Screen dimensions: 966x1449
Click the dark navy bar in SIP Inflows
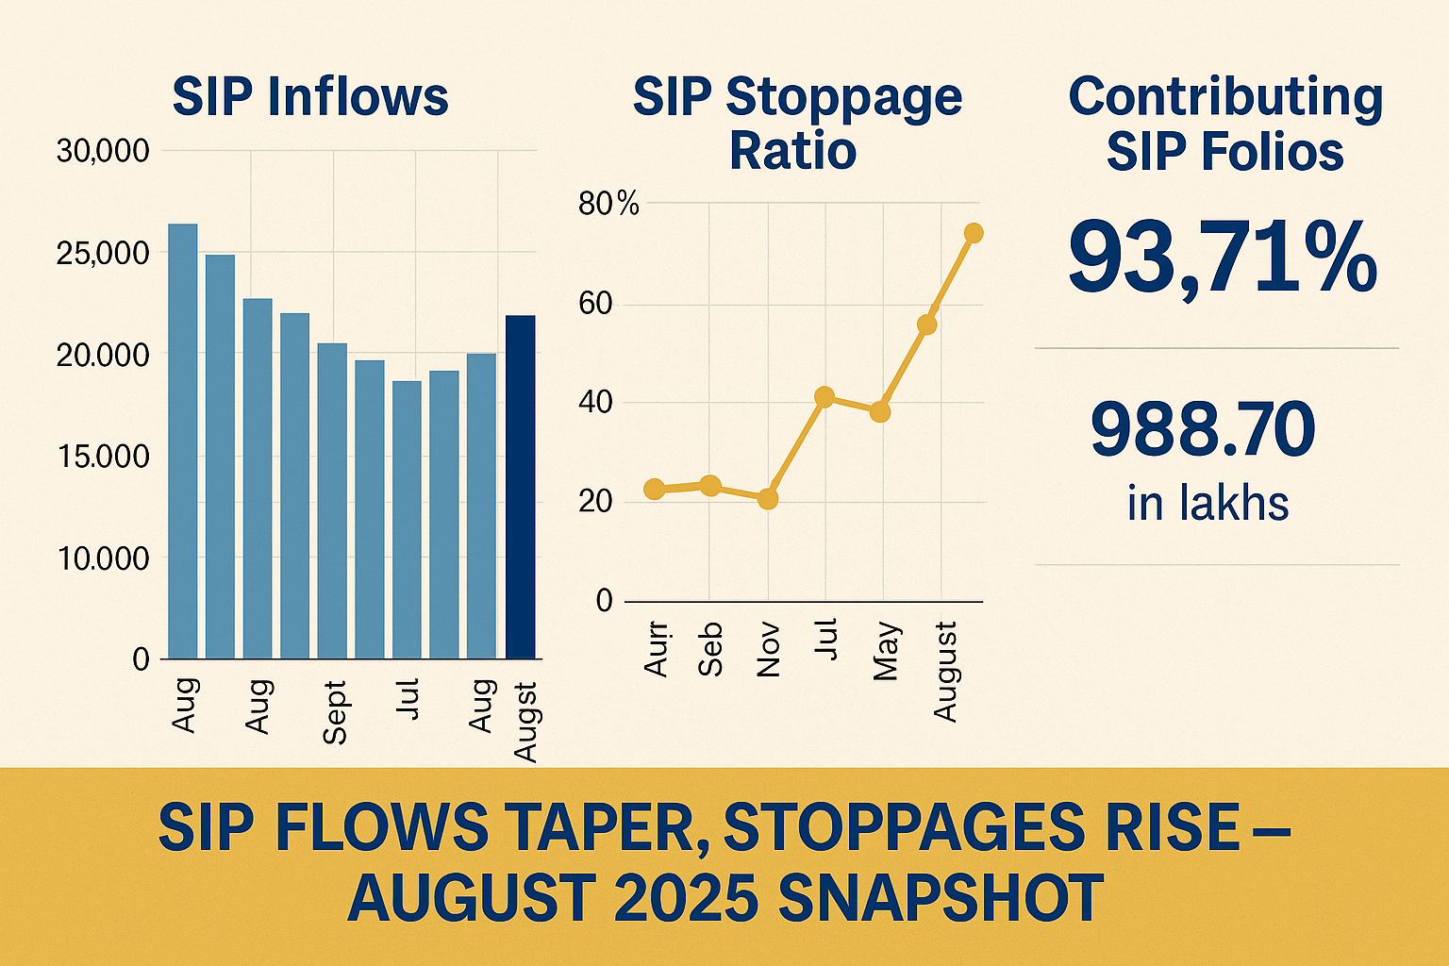(x=520, y=487)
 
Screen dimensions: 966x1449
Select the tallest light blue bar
(x=182, y=441)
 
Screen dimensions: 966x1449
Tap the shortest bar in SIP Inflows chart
(x=407, y=519)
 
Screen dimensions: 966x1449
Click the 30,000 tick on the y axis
(x=103, y=151)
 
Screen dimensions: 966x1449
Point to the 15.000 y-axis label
(x=103, y=457)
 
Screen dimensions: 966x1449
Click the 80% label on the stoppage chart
(x=608, y=204)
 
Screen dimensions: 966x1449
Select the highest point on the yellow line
(x=974, y=233)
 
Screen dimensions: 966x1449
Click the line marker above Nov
(x=768, y=498)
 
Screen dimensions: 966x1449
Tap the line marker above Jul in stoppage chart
(x=824, y=397)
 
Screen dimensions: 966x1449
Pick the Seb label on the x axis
(x=711, y=649)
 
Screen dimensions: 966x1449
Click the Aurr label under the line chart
(x=656, y=649)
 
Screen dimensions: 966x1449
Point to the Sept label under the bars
(x=334, y=712)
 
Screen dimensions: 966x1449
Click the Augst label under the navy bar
(x=525, y=721)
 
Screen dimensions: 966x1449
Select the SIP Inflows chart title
(x=310, y=97)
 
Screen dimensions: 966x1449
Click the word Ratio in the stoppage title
(x=792, y=151)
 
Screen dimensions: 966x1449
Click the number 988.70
(x=1203, y=430)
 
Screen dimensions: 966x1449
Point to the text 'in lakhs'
(x=1207, y=503)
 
